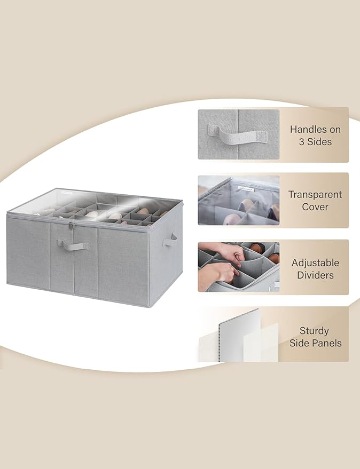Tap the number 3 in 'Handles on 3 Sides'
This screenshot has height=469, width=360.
[302, 142]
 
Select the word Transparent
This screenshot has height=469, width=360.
[315, 194]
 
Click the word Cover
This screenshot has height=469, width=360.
[315, 206]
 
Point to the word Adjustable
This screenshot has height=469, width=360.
[315, 263]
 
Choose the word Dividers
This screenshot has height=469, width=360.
[315, 275]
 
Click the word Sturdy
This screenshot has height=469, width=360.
[314, 331]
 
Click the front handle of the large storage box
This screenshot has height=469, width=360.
[73, 245]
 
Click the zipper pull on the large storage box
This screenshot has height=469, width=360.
[71, 225]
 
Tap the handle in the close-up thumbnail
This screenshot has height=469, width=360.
[238, 134]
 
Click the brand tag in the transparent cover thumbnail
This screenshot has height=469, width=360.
[246, 188]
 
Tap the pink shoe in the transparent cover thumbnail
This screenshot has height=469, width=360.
[233, 220]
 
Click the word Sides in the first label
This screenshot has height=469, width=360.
[319, 142]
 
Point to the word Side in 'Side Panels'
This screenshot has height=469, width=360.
[301, 343]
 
